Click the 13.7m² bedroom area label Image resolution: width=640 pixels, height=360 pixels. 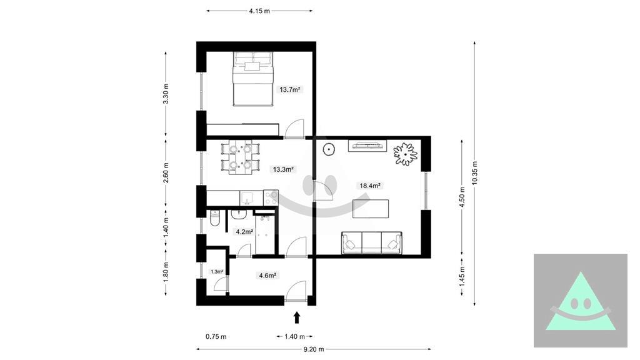[291, 89]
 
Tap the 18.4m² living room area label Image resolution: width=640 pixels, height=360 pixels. [370, 186]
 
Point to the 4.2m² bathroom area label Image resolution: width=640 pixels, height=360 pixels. [244, 232]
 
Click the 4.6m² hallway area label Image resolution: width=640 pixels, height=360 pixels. [267, 276]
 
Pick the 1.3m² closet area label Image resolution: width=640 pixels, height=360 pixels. [217, 271]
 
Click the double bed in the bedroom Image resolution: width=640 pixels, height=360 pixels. [252, 79]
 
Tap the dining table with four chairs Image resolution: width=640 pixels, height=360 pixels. [240, 157]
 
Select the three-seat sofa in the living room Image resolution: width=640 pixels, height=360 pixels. [371, 242]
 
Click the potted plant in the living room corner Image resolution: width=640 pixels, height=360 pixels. [405, 154]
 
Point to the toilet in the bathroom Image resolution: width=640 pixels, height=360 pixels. [215, 218]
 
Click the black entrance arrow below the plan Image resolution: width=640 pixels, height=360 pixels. [297, 317]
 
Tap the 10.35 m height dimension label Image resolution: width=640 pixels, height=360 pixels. [474, 173]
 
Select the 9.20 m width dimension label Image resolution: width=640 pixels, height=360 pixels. [314, 349]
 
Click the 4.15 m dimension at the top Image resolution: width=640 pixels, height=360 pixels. [259, 11]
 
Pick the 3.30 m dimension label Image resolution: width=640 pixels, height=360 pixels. [166, 94]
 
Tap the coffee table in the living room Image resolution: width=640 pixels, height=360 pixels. [371, 209]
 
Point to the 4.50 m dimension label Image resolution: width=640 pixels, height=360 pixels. [462, 197]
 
